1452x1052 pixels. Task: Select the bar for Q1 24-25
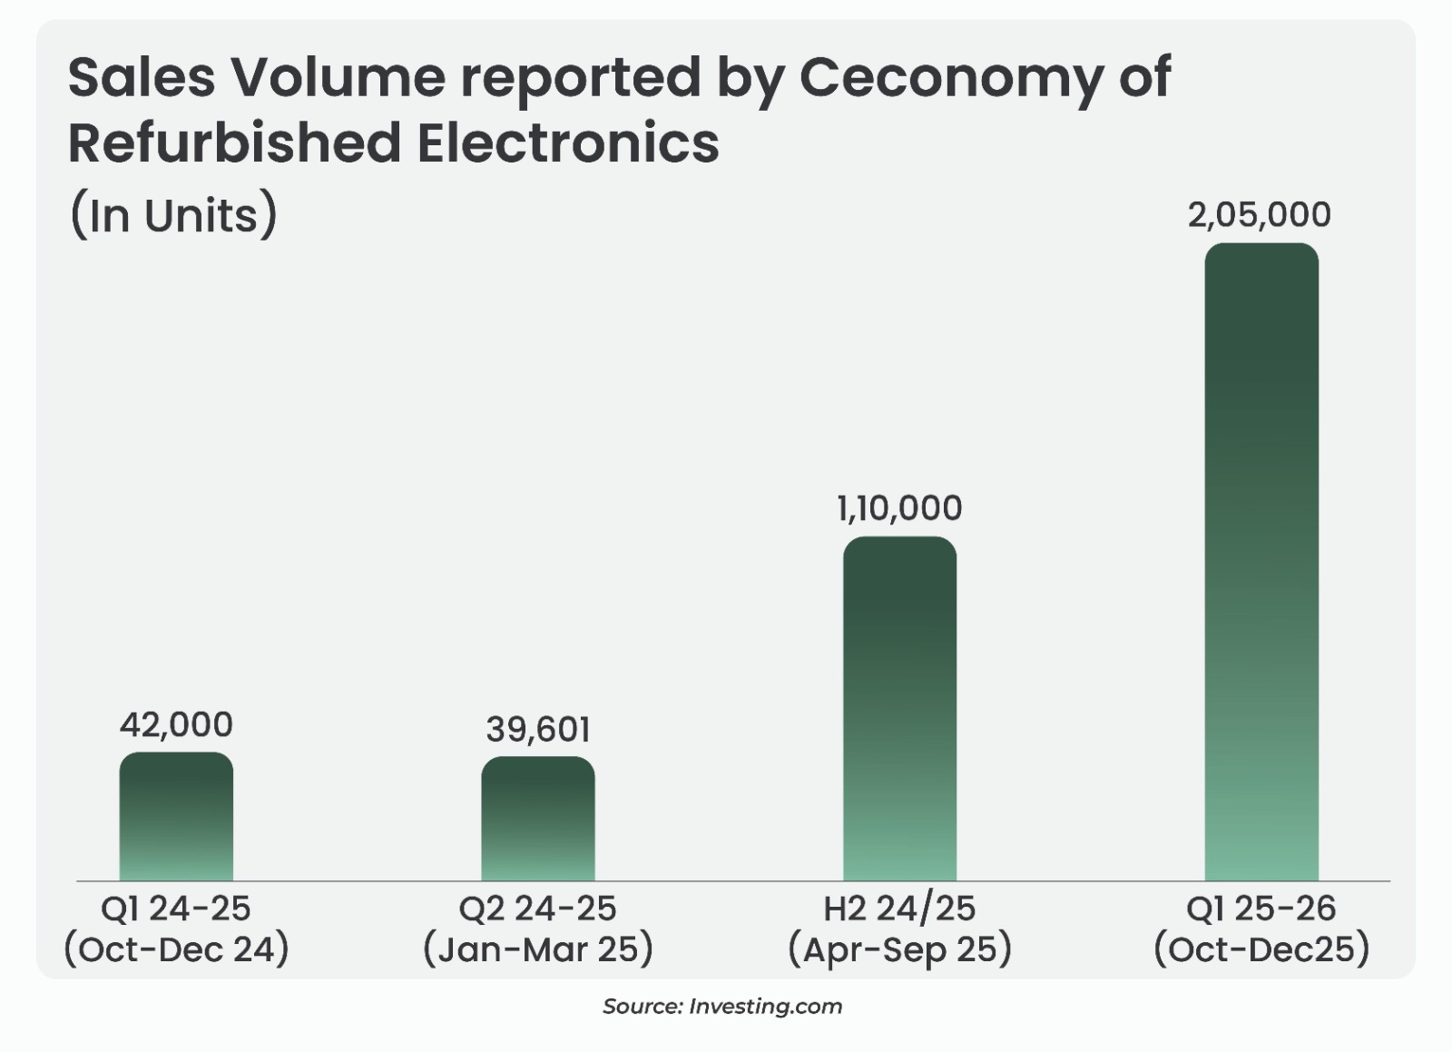click(176, 817)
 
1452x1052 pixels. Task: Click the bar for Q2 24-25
click(538, 819)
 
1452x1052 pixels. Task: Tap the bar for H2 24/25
click(899, 709)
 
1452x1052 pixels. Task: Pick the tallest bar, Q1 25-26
click(1261, 562)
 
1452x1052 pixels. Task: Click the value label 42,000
click(176, 724)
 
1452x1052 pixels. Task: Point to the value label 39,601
click(538, 730)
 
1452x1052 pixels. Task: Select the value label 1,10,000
click(899, 508)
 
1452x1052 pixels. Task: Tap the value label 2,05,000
click(1260, 215)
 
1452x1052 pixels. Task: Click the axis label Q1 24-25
click(176, 909)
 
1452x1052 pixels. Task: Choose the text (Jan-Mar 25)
click(538, 949)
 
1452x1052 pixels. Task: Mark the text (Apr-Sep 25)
click(899, 949)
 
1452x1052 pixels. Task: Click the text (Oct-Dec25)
click(1261, 949)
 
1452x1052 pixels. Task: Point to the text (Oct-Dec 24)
click(176, 949)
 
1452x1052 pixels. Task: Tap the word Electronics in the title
click(567, 143)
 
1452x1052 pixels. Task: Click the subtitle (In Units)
click(172, 216)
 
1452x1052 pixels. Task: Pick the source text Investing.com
click(765, 1006)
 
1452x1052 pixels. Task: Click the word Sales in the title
click(141, 77)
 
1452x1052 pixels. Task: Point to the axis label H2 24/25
click(899, 909)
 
